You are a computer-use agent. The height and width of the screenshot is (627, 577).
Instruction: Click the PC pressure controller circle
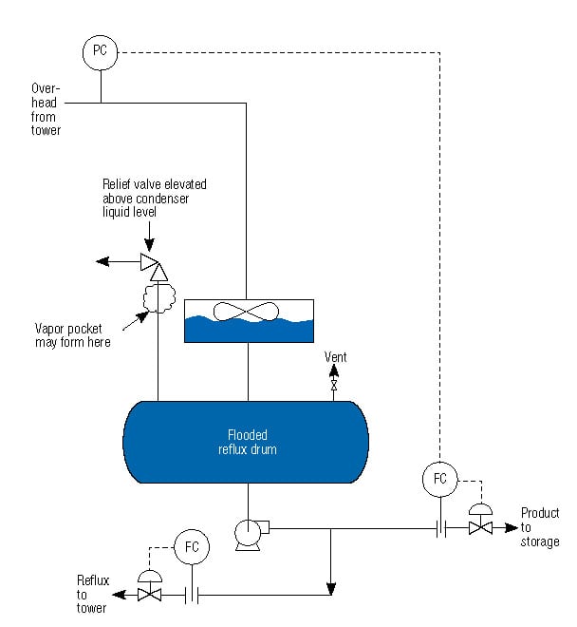click(100, 51)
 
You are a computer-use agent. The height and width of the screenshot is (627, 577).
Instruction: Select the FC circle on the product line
click(439, 478)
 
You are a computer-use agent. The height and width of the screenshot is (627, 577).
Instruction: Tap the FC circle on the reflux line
click(193, 547)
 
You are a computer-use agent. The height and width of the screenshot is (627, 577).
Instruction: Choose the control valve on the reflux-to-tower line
click(149, 595)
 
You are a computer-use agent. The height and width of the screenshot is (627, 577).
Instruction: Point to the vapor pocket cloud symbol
click(157, 297)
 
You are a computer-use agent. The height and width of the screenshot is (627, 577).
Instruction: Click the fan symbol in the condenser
click(246, 311)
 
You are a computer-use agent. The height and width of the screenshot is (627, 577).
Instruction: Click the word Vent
click(335, 357)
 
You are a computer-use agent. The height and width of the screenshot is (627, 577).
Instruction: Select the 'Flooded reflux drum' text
click(246, 442)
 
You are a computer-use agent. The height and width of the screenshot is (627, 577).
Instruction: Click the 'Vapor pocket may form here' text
click(73, 334)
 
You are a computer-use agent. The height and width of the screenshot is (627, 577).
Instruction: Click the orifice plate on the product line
click(440, 527)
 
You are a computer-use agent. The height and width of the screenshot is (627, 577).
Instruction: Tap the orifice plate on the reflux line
click(193, 596)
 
